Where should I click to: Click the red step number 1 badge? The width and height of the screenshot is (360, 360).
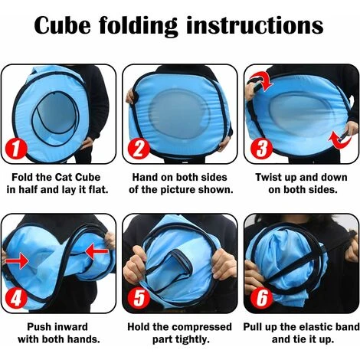pyautogui.click(x=16, y=149)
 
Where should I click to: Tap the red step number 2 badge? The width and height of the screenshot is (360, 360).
pyautogui.click(x=139, y=149)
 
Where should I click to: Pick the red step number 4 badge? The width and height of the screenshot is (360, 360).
pyautogui.click(x=16, y=298)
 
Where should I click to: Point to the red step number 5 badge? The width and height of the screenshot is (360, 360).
pyautogui.click(x=139, y=297)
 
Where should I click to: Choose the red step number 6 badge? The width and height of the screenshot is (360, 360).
pyautogui.click(x=261, y=297)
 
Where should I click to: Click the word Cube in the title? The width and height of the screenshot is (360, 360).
pyautogui.click(x=63, y=25)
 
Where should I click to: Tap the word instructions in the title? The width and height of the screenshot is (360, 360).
pyautogui.click(x=255, y=25)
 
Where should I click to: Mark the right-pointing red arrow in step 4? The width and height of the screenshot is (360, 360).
pyautogui.click(x=17, y=260)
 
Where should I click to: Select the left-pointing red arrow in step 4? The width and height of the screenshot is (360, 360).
pyautogui.click(x=97, y=251)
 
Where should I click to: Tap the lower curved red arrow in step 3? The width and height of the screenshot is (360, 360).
pyautogui.click(x=339, y=140)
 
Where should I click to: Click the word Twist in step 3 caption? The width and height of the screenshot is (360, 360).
pyautogui.click(x=268, y=177)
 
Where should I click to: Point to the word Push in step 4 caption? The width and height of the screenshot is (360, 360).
pyautogui.click(x=39, y=327)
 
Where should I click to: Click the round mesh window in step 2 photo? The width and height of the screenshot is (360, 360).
pyautogui.click(x=179, y=113)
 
